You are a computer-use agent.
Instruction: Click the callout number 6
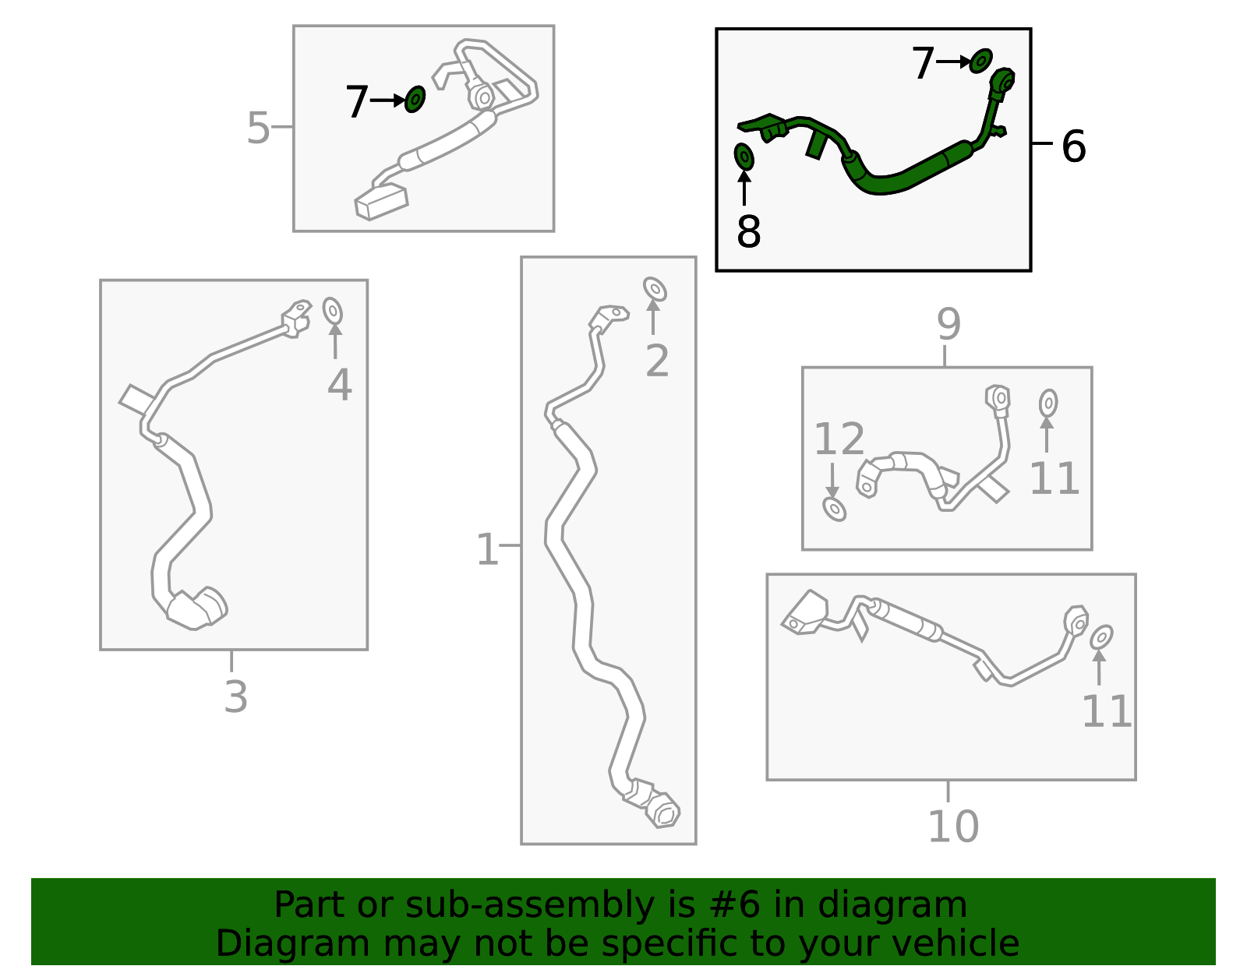(x=1073, y=146)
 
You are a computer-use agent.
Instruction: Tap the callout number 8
(x=748, y=231)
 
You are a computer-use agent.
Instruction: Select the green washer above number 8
(x=744, y=157)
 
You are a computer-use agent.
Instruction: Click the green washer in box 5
(x=415, y=99)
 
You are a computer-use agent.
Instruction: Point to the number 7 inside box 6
(x=923, y=63)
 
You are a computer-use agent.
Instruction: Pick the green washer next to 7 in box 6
(x=981, y=61)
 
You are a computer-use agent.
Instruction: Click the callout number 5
(x=258, y=128)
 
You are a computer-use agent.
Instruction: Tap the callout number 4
(x=339, y=385)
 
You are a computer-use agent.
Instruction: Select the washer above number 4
(x=333, y=311)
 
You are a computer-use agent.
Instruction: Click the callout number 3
(x=235, y=696)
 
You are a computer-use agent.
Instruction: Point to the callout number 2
(x=657, y=361)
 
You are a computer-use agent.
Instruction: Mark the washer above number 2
(x=655, y=289)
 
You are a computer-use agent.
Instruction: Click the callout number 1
(x=487, y=550)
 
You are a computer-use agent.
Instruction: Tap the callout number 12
(x=839, y=439)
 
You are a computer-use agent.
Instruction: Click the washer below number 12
(x=834, y=509)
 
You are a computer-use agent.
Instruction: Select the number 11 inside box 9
(x=1054, y=478)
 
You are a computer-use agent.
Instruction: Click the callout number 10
(x=952, y=827)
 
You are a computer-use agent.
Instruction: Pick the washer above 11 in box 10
(x=1100, y=636)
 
